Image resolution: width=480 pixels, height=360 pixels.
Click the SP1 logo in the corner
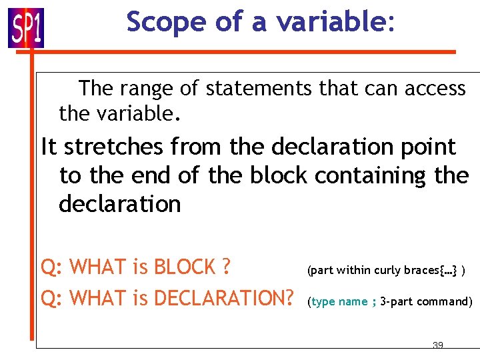pyautogui.click(x=26, y=27)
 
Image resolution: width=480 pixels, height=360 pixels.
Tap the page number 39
pyautogui.click(x=438, y=345)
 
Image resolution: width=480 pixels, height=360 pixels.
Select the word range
pyautogui.click(x=149, y=89)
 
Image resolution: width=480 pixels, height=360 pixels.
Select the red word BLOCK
pyautogui.click(x=185, y=267)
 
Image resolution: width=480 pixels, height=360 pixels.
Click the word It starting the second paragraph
pyautogui.click(x=49, y=147)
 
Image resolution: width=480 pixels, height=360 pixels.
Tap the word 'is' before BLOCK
pyautogui.click(x=139, y=267)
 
